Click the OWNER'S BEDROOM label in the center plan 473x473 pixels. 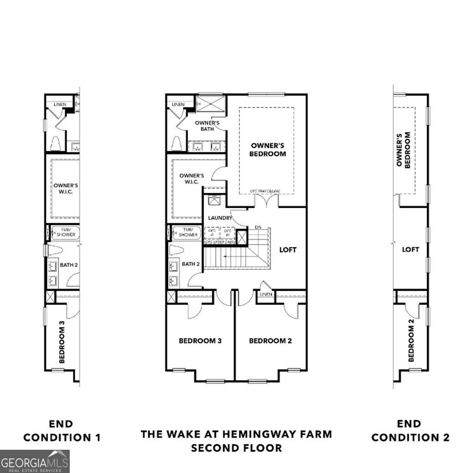click(268, 149)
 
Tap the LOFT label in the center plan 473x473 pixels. click(288, 250)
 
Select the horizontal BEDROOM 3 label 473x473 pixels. click(200, 340)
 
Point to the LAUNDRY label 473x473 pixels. click(220, 218)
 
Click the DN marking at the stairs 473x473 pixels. click(257, 227)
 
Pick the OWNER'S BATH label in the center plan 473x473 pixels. click(207, 126)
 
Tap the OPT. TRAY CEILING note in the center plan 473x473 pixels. click(265, 191)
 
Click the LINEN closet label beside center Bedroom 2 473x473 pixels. click(266, 294)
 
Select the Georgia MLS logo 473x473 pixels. click(35, 461)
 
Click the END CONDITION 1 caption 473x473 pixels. click(62, 431)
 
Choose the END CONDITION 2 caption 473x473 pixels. click(410, 431)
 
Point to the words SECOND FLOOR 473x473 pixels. click(236, 448)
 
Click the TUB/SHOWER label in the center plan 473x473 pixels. click(188, 232)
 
